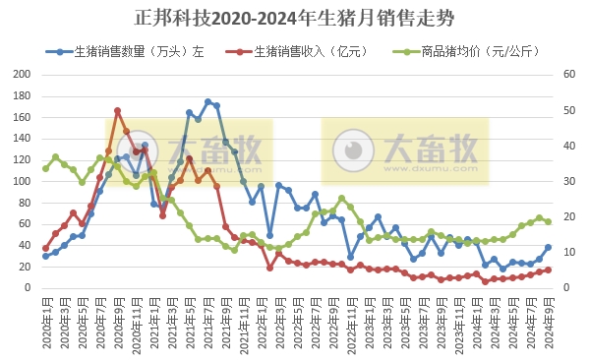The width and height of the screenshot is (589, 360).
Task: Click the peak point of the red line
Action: click(x=117, y=110)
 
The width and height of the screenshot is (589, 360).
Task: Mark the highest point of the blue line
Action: click(x=207, y=101)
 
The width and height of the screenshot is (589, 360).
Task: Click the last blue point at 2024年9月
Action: click(x=548, y=247)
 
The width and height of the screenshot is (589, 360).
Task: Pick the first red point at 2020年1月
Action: click(x=45, y=249)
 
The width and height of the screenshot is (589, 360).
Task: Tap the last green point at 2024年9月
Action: click(x=548, y=221)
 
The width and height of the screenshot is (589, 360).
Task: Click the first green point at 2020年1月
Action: click(x=45, y=168)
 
